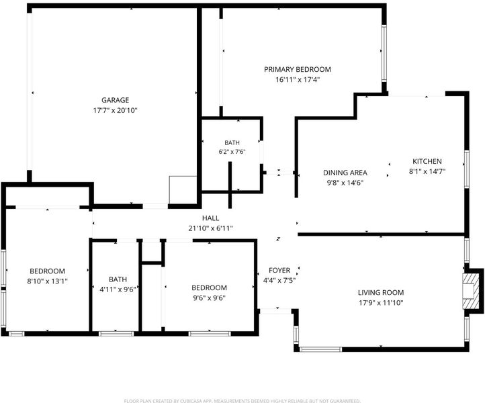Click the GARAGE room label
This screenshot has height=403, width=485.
click(x=115, y=100)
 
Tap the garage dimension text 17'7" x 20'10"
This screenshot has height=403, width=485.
click(x=115, y=110)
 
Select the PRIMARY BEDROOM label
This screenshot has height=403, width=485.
click(x=298, y=69)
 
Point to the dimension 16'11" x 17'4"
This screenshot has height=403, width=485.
click(x=298, y=79)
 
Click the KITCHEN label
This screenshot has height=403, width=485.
click(x=427, y=161)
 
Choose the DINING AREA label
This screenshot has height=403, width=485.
click(x=345, y=173)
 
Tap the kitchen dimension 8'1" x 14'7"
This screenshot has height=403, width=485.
click(x=427, y=171)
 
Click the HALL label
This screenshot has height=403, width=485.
click(x=210, y=218)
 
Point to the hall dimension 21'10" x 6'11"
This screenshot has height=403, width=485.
click(x=210, y=228)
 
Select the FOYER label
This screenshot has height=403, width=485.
click(x=279, y=270)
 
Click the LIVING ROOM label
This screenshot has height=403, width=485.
click(x=381, y=292)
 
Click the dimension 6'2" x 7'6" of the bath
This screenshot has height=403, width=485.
click(x=232, y=152)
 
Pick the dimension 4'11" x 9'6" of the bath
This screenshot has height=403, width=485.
click(x=118, y=289)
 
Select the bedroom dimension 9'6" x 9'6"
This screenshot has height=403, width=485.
click(x=209, y=298)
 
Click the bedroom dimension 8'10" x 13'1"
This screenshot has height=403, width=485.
click(x=47, y=281)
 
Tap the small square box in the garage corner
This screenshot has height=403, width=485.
click(x=183, y=190)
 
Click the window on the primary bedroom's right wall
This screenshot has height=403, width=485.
click(x=384, y=53)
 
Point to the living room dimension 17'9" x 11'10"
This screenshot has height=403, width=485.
click(x=381, y=302)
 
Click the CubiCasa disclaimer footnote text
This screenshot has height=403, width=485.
click(x=242, y=401)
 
